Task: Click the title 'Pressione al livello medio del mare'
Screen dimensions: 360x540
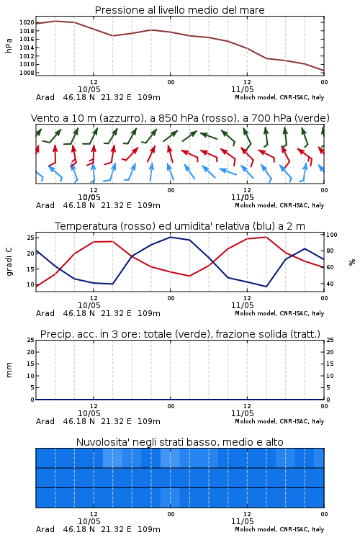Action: (x=180, y=10)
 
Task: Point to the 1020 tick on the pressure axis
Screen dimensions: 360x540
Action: (x=27, y=23)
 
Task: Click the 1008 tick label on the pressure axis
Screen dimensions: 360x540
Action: (x=27, y=73)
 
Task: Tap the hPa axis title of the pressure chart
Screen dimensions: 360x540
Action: (x=9, y=45)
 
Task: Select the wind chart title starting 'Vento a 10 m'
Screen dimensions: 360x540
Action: (x=180, y=118)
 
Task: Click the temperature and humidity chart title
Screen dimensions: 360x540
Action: (x=180, y=226)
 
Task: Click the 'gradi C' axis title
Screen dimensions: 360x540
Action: (x=9, y=262)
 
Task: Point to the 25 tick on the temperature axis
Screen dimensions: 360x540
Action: (x=30, y=238)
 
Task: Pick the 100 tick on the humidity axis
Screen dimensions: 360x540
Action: (x=332, y=235)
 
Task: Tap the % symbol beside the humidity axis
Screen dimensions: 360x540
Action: (x=352, y=262)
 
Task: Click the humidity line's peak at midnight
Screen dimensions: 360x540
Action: (x=171, y=237)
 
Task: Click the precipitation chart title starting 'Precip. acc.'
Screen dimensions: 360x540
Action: (x=180, y=334)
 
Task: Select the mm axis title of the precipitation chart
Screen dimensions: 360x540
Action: (x=9, y=370)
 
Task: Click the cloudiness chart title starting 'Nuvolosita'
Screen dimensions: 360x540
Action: (x=180, y=442)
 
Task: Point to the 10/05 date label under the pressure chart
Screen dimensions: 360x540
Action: (x=89, y=89)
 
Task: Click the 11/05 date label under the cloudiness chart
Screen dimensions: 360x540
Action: (x=242, y=521)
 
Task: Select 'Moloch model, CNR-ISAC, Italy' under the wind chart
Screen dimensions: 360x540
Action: (x=279, y=205)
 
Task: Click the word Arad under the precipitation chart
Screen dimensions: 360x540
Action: (x=45, y=421)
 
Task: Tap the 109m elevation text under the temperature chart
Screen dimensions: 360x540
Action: (x=149, y=313)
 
